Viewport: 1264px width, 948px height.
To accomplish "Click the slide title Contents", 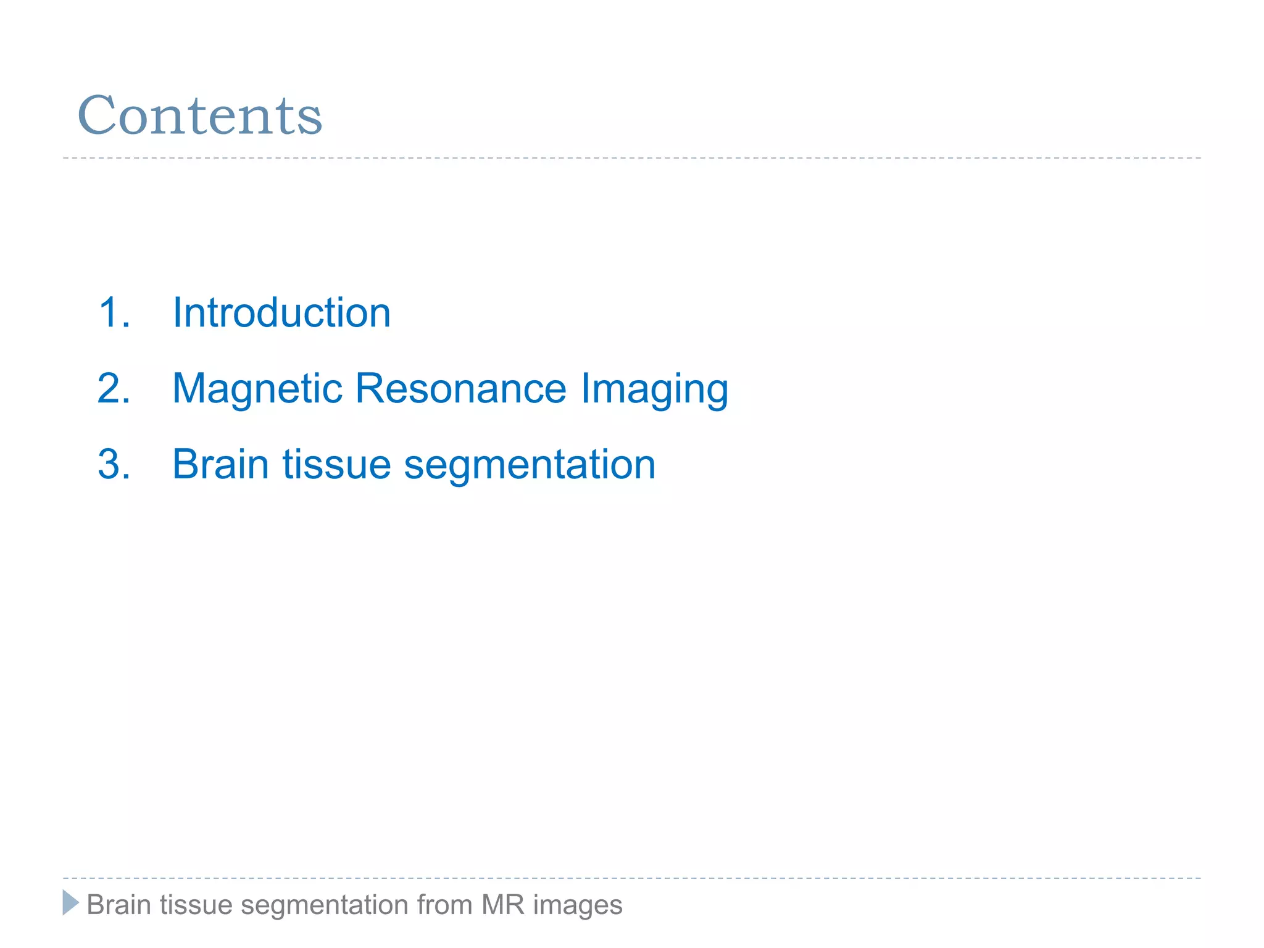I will pyautogui.click(x=199, y=115).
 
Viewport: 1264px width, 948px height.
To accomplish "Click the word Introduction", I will pyautogui.click(x=281, y=312).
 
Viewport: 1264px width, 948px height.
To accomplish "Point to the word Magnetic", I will pyautogui.click(x=257, y=389).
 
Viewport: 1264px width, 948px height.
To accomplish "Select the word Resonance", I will pyautogui.click(x=460, y=388).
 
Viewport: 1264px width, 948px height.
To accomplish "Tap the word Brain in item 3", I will pyautogui.click(x=220, y=464).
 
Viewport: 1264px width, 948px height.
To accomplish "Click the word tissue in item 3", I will pyautogui.click(x=336, y=464).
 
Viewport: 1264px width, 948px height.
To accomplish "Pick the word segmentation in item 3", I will pyautogui.click(x=530, y=465).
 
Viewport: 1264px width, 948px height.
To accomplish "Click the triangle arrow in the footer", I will pyautogui.click(x=70, y=903).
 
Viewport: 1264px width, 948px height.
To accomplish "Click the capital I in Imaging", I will pyautogui.click(x=584, y=388).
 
